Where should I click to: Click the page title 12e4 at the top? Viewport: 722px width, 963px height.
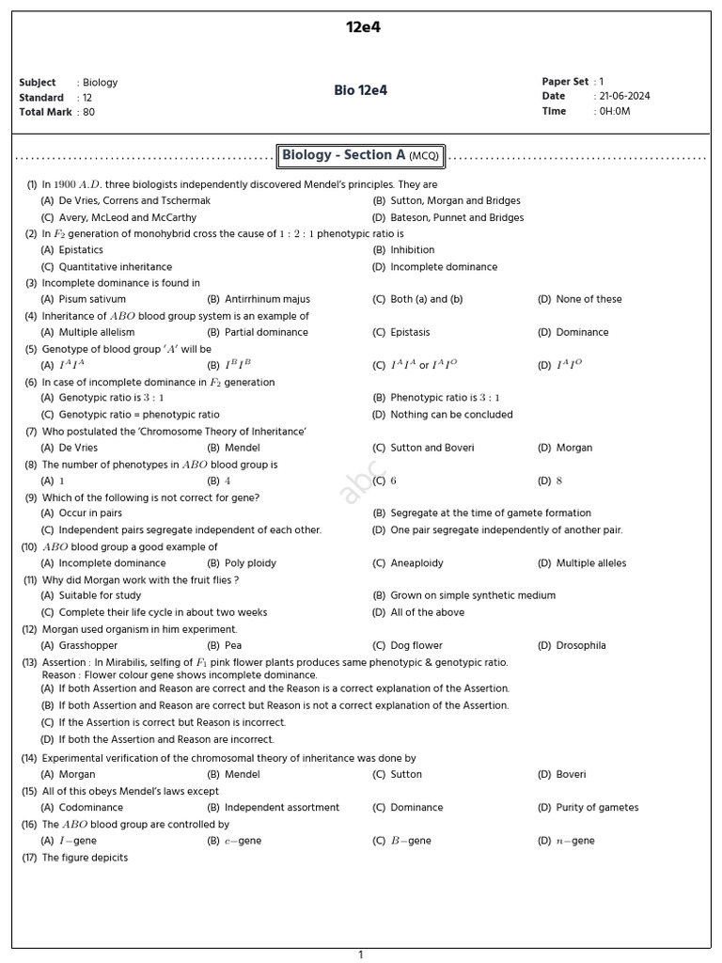[x=363, y=27]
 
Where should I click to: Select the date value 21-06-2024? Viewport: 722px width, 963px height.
[x=624, y=96]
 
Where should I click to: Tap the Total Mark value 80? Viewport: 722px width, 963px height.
[x=88, y=112]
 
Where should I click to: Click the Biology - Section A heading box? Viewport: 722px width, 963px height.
[x=361, y=155]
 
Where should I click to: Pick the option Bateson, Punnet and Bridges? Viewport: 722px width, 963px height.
[x=457, y=217]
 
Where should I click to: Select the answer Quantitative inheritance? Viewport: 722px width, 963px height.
[x=116, y=267]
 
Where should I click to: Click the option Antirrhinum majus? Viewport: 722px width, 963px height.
[x=267, y=299]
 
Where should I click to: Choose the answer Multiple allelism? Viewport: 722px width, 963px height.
[x=97, y=332]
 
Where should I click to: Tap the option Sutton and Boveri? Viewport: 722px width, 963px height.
[x=432, y=448]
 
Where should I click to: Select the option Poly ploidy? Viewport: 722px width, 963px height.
[x=250, y=563]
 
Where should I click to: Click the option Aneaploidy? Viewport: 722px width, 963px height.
[x=416, y=563]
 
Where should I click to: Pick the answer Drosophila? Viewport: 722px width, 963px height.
[x=580, y=646]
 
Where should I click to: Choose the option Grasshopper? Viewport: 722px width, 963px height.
[x=88, y=646]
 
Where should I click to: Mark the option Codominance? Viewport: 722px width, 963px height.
[x=91, y=808]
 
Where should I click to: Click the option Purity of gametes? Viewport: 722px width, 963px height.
[x=597, y=808]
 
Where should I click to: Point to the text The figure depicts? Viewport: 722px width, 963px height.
[x=85, y=858]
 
